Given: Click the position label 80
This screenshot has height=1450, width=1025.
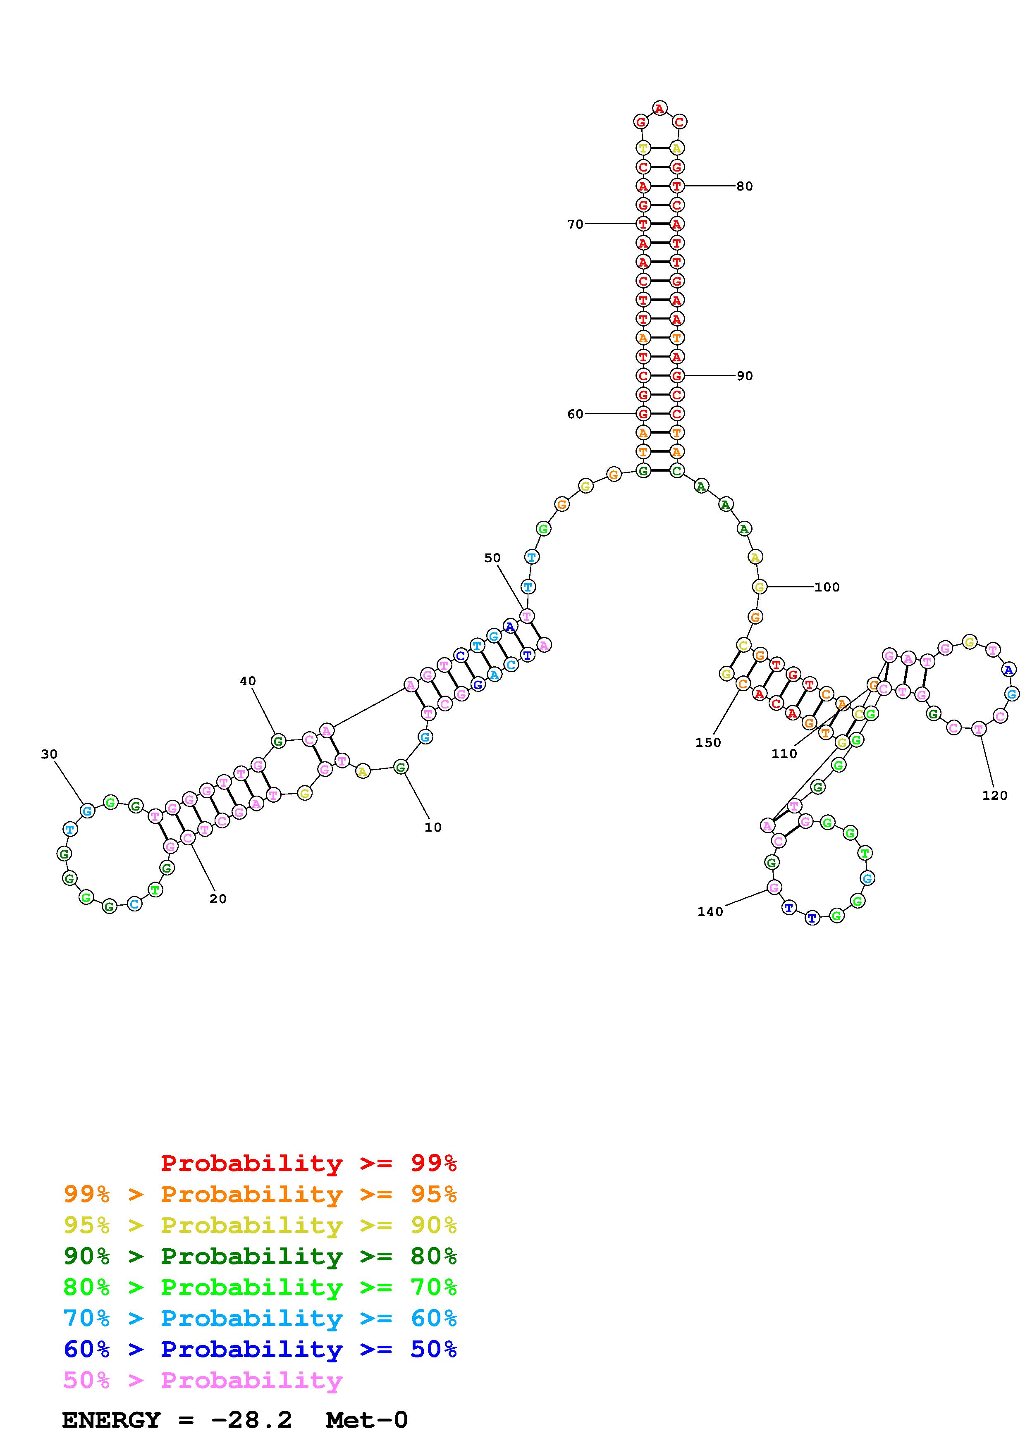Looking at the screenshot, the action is click(745, 186).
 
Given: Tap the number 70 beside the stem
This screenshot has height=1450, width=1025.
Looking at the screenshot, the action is click(575, 224).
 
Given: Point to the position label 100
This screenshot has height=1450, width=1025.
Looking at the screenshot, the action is click(827, 587).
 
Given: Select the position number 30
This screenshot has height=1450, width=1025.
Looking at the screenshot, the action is click(49, 754).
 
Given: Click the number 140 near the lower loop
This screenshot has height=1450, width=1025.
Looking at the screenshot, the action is click(710, 911).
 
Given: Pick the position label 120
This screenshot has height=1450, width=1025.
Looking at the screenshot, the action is click(995, 796).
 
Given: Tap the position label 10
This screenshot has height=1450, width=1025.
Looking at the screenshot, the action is click(432, 828).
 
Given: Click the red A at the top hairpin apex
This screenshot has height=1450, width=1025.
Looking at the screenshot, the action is click(659, 109).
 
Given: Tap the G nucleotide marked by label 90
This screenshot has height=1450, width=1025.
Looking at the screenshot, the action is click(677, 376).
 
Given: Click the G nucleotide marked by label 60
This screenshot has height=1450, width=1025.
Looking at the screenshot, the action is click(643, 414).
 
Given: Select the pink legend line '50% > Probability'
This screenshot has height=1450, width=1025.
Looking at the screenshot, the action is click(203, 1381).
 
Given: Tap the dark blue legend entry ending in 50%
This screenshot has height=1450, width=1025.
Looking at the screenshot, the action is click(260, 1350).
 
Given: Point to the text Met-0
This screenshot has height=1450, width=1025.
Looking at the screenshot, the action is click(367, 1420).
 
